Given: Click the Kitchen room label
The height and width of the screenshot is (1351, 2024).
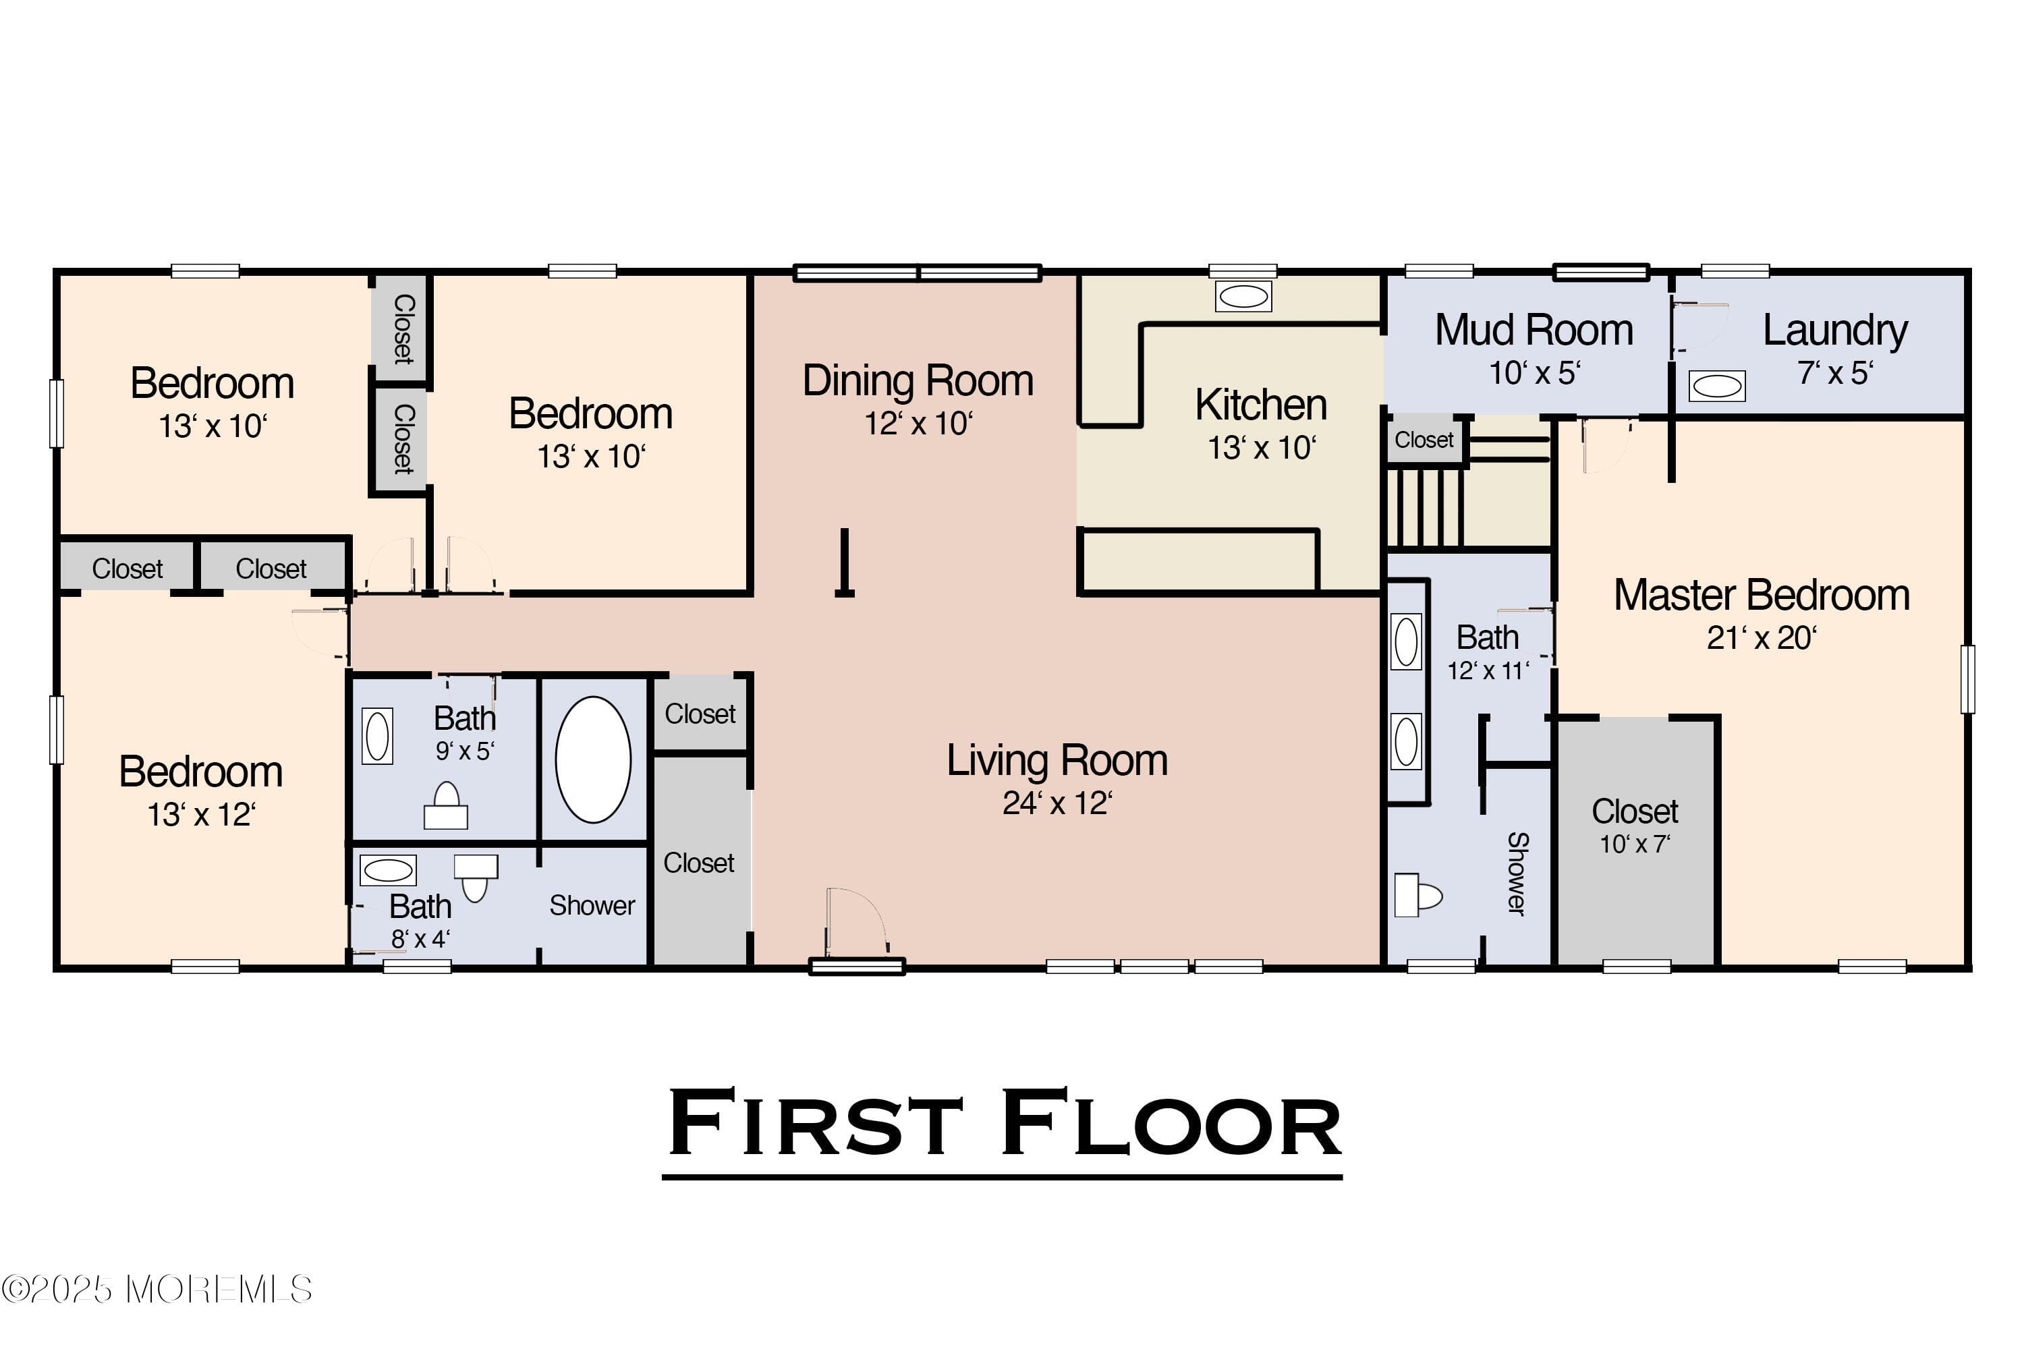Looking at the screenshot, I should (1260, 405).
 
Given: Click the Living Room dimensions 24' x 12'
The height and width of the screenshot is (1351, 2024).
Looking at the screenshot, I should (1057, 803).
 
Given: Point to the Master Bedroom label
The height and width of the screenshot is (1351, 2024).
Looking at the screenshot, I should (1761, 596).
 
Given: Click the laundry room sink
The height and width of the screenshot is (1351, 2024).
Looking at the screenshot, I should (1716, 386).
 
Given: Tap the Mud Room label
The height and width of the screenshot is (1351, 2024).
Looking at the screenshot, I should (1534, 330).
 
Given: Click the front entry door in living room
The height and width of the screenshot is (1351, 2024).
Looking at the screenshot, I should (856, 926).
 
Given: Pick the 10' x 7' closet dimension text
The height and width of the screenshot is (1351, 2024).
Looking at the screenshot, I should (1635, 844).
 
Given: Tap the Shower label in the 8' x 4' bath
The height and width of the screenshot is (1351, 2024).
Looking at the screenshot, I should (592, 906).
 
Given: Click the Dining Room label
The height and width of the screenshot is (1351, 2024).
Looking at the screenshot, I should (918, 381).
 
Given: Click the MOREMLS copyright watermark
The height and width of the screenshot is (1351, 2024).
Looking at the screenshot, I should (157, 1290).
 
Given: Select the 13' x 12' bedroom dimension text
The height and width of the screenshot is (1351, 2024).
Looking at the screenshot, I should (201, 814).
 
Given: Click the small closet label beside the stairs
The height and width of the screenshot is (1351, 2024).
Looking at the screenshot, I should (1424, 440).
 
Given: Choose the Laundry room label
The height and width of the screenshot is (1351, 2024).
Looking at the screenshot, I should (1835, 330).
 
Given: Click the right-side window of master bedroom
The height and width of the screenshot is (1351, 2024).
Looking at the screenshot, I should (1967, 679).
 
